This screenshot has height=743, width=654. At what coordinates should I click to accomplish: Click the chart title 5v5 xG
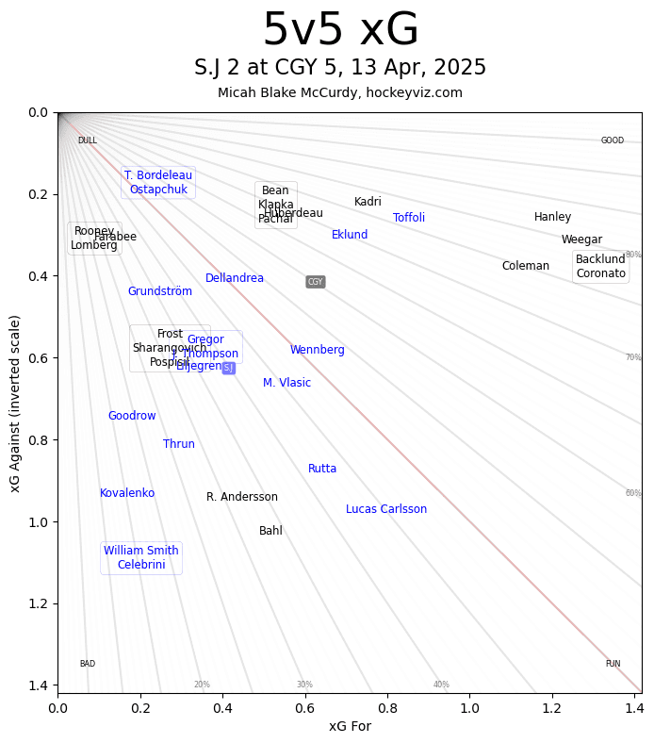coord(340,31)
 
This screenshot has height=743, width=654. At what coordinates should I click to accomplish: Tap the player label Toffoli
coord(409,218)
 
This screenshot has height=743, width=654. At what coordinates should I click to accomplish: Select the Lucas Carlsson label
coord(386,509)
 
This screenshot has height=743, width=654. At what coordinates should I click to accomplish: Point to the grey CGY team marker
coord(315,282)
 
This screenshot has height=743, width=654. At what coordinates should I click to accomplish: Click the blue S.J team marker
coord(228,368)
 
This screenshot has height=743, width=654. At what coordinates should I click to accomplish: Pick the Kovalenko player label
coord(127,493)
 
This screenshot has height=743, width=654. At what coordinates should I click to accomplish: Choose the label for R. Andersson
coord(242,497)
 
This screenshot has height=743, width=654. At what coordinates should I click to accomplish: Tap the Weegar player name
coord(581,239)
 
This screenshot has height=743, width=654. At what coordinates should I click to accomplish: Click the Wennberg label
coord(318,350)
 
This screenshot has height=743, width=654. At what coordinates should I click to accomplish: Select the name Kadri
coord(368,202)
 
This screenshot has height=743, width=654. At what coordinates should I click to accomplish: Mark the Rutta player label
coord(322,469)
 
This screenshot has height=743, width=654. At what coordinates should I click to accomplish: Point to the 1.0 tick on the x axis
coord(469,707)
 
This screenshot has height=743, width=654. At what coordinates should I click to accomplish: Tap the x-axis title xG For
coord(350,726)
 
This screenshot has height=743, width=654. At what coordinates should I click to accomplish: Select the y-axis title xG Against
coord(15,403)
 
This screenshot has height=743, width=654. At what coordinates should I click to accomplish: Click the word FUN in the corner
coord(613,664)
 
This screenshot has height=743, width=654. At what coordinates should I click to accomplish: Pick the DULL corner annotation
coord(87,140)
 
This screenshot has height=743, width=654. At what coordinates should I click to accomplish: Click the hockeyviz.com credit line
coord(340,92)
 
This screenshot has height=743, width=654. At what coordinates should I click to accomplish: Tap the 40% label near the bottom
coord(441,685)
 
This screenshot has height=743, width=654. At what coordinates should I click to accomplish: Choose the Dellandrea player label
coord(235,278)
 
